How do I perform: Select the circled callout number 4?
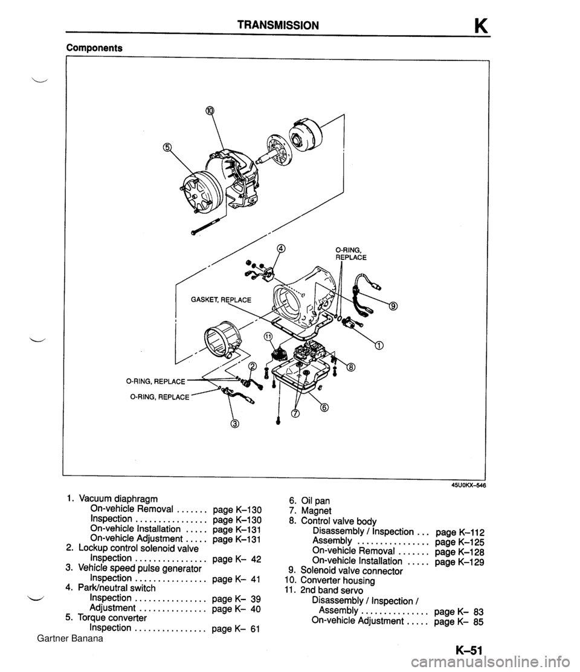coord(282,248)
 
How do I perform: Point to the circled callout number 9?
coord(394,306)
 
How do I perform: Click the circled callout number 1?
coord(379,346)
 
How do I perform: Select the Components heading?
coord(94,48)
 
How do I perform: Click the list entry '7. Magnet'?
coord(310,511)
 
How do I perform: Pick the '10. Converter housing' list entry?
coord(330,581)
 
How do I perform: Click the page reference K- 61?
coord(237,628)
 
